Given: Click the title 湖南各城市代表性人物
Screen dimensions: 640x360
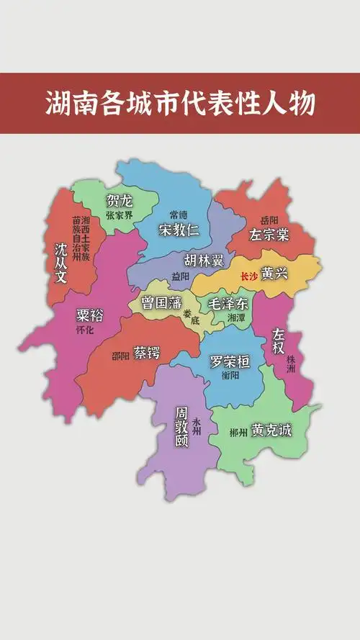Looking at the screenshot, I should (x=180, y=104).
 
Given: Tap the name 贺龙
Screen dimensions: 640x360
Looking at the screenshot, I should (x=120, y=200).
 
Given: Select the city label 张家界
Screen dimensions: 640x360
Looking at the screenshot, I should (x=120, y=215).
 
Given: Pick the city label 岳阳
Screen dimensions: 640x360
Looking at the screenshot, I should (x=269, y=220).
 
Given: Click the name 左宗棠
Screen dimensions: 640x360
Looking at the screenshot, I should (x=269, y=235).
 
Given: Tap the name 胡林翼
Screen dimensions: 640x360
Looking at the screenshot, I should (x=204, y=260).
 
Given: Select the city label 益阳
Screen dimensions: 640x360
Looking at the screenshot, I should (x=181, y=276).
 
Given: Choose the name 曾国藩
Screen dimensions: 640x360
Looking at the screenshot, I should (x=162, y=302).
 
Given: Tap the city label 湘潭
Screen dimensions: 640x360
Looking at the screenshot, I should (x=236, y=317).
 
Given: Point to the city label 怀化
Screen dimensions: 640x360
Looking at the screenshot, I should (x=85, y=330).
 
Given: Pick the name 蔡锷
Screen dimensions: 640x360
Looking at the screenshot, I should (x=147, y=353).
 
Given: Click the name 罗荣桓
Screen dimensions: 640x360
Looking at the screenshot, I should (x=229, y=361).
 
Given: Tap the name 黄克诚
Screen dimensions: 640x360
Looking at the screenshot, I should (x=271, y=431).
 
